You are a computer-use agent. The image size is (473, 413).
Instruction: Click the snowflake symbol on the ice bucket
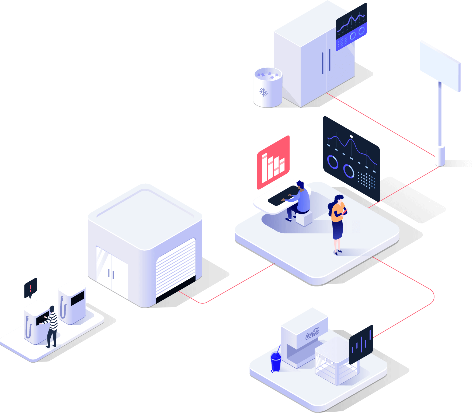pos(263,92)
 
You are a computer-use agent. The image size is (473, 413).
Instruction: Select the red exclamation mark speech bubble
pos(30,288)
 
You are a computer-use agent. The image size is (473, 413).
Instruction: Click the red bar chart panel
pos(273,162)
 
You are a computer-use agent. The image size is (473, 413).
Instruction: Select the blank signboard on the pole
pos(440,66)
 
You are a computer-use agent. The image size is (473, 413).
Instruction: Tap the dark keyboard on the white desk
pos(283,195)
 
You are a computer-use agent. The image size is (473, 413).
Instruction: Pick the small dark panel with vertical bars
pos(361,344)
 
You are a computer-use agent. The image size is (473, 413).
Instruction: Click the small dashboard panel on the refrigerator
pos(351,27)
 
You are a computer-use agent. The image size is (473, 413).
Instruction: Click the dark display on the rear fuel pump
pos(78,298)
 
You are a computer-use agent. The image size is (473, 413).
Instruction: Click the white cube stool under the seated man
pos(304,219)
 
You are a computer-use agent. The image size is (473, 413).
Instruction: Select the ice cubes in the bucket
pos(267,74)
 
